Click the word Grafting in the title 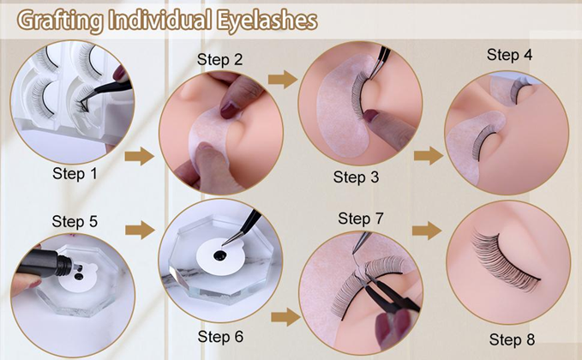(60, 21)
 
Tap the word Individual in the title (160, 20)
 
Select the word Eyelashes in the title (267, 21)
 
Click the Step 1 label (75, 173)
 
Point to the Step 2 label (219, 60)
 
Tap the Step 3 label (356, 177)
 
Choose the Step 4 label (509, 55)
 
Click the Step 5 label (75, 221)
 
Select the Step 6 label (220, 337)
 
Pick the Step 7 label (360, 219)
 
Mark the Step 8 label (512, 339)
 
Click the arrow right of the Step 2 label (283, 79)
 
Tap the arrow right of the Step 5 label (140, 230)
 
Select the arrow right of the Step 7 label (427, 231)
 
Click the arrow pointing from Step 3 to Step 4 (429, 155)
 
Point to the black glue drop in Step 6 (220, 255)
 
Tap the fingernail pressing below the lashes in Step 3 (370, 117)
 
